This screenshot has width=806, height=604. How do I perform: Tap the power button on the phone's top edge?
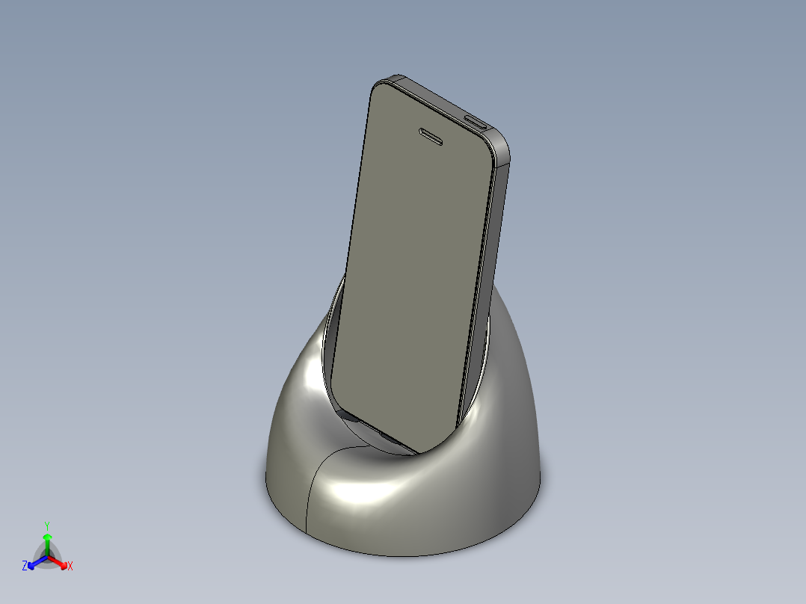point(476,121)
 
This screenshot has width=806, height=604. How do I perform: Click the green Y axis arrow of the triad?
point(47,543)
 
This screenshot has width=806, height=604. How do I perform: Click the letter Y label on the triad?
point(47,526)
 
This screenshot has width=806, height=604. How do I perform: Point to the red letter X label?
point(70,567)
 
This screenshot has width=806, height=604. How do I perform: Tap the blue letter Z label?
point(25,567)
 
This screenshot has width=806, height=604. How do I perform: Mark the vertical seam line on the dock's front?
point(309,493)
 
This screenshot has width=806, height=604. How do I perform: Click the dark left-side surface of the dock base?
point(288,434)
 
